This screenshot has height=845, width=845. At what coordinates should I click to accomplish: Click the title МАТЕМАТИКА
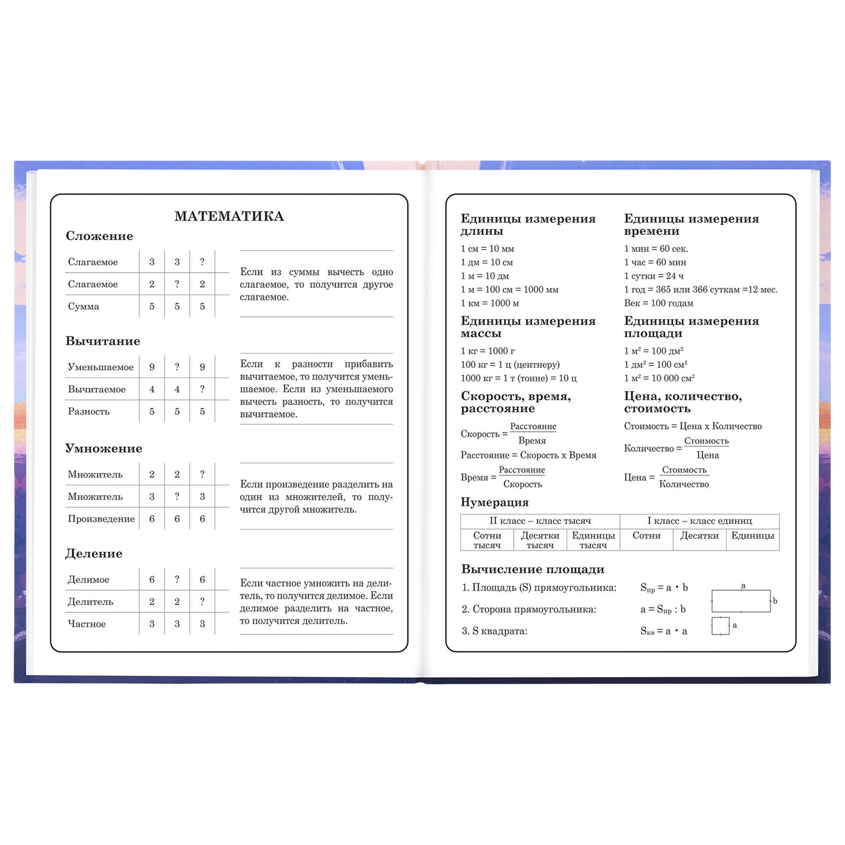(x=229, y=216)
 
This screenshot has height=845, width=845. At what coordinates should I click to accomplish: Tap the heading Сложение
(x=99, y=236)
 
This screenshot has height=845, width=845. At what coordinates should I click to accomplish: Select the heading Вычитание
(x=103, y=341)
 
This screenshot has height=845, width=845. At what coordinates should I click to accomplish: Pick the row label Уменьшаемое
(x=100, y=367)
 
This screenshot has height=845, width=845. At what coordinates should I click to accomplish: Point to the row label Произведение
(x=101, y=519)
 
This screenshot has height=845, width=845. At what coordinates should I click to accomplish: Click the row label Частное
(x=87, y=624)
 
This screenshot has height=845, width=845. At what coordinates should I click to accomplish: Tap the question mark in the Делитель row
(x=202, y=602)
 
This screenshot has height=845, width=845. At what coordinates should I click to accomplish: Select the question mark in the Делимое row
(x=177, y=579)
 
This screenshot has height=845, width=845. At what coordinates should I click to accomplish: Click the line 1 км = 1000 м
(x=490, y=303)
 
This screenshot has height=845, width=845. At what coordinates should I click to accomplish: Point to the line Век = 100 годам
(x=659, y=303)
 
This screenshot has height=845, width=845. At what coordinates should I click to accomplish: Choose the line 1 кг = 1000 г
(x=487, y=351)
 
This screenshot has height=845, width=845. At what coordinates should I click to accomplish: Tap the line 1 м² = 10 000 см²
(x=659, y=378)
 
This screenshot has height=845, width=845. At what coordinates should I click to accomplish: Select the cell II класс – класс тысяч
(x=540, y=521)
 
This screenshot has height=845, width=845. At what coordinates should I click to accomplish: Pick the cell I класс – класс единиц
(x=699, y=521)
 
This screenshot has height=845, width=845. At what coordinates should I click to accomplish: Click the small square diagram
(x=720, y=626)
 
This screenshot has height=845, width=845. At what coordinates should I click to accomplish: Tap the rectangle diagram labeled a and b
(x=741, y=601)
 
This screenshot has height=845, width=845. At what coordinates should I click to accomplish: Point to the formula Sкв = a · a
(x=664, y=631)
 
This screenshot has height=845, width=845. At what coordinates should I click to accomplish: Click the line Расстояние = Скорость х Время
(x=528, y=455)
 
